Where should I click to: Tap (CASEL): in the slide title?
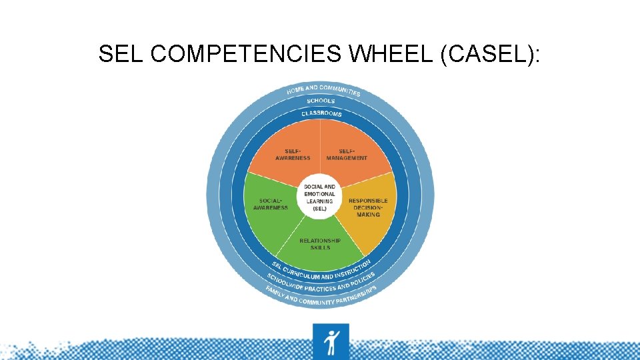[491, 54]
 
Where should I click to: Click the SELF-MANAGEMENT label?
[347, 155]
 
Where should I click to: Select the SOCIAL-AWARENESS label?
[271, 204]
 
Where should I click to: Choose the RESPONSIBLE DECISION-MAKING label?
[368, 207]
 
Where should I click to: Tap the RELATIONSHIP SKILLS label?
[320, 244]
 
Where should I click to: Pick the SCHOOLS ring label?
[321, 101]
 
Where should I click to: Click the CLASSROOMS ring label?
[321, 113]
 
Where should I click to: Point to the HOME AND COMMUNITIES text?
[323, 89]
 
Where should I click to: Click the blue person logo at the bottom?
[331, 341]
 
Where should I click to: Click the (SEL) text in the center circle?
[320, 209]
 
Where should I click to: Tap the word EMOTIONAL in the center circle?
[320, 194]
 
